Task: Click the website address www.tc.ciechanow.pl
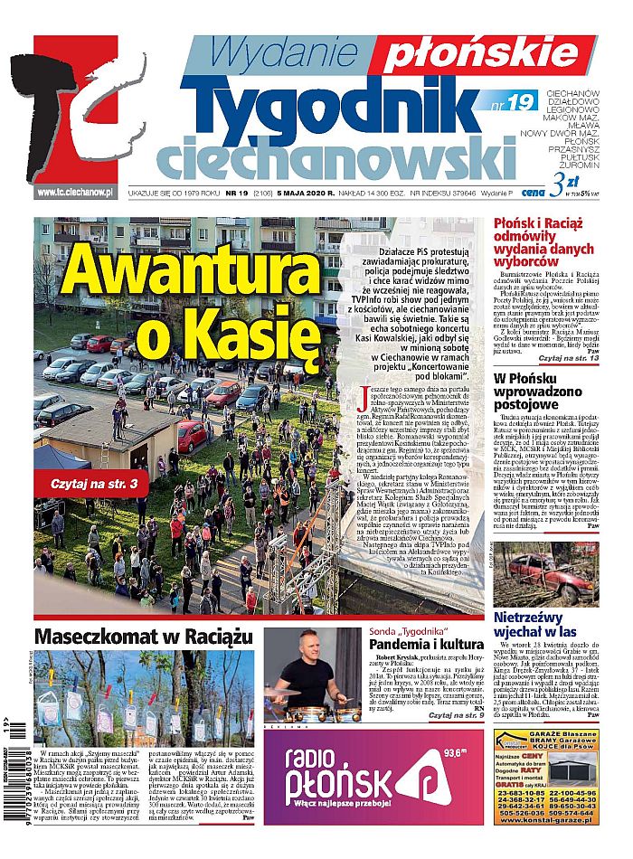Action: (x=74, y=193)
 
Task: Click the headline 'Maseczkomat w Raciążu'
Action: (x=142, y=637)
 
